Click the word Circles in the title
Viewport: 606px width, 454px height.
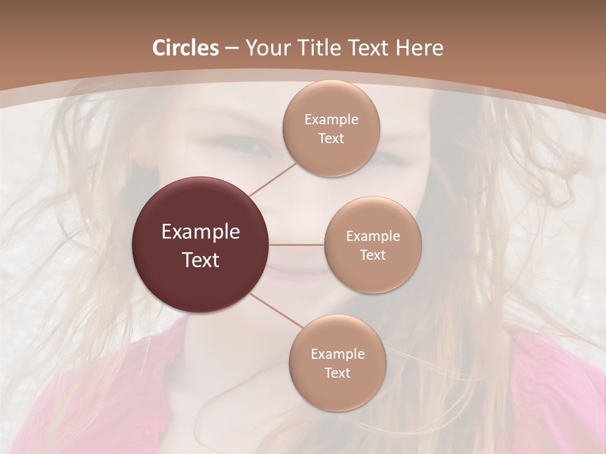point(185,48)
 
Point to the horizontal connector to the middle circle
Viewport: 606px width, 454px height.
point(297,245)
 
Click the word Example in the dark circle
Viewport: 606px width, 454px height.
point(201,232)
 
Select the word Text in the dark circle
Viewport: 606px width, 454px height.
point(201,260)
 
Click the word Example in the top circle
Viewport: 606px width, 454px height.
point(331,120)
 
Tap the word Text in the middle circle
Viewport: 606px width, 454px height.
point(372,255)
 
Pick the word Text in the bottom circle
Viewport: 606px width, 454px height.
point(337,373)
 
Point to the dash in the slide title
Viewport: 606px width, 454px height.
point(232,49)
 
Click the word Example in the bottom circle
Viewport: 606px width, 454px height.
point(338,354)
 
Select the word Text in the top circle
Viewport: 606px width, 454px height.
point(331,138)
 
